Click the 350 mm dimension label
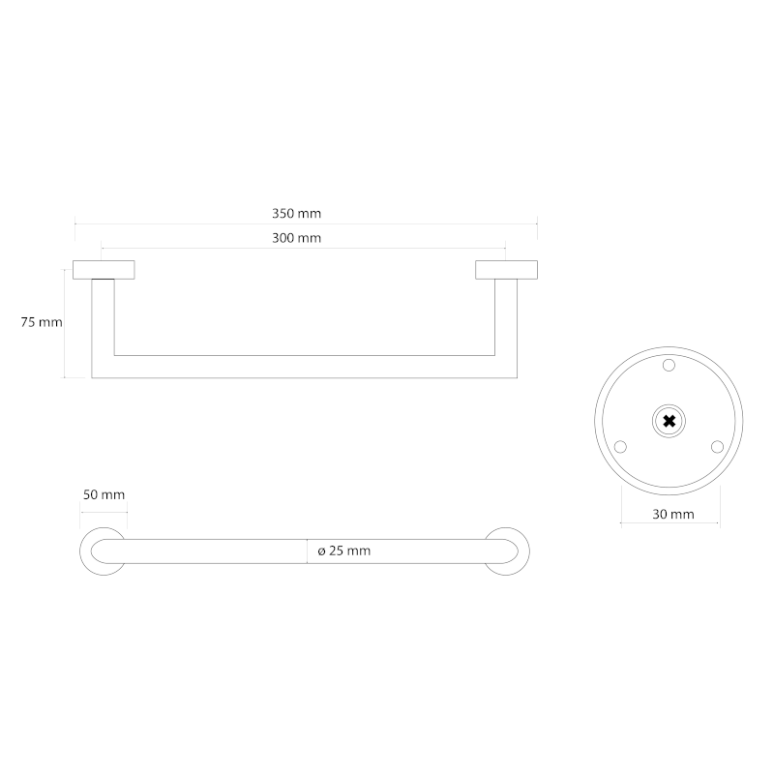[296, 214]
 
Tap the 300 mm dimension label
[296, 238]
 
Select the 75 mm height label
[42, 322]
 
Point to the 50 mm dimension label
[104, 494]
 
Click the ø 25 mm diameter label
[344, 551]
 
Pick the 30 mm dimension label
[673, 515]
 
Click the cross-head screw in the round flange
[669, 422]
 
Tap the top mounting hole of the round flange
[669, 366]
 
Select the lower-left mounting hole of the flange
[620, 447]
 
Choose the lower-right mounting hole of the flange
[717, 447]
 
